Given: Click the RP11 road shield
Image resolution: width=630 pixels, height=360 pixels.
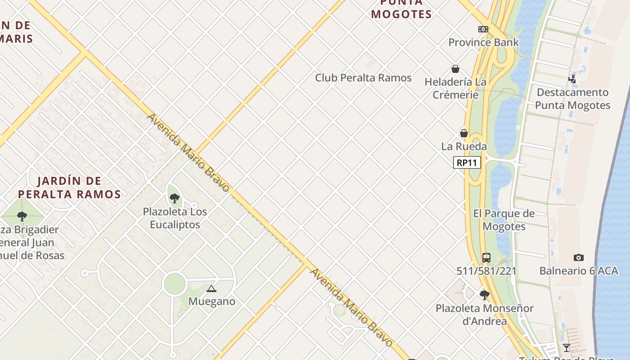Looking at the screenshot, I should pos(467,162).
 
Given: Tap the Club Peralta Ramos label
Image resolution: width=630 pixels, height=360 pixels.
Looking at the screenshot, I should pos(363,78).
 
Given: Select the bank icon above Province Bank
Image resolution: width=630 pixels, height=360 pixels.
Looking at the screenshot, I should pos(483,29).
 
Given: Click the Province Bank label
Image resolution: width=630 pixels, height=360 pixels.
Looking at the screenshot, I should pos(483,42).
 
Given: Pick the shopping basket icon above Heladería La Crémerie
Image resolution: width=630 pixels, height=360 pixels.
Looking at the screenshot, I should pos(455,69).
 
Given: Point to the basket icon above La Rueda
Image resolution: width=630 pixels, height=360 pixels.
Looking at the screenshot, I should pos(463,133).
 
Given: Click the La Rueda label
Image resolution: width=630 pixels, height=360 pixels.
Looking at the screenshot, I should pos(463,146).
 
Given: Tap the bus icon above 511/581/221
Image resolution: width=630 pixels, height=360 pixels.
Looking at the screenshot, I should pos(486,258).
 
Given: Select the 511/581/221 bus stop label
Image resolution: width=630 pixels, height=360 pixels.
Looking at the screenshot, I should pos(486,271).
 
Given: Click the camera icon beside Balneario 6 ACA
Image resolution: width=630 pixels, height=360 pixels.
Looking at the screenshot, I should pos(579,258).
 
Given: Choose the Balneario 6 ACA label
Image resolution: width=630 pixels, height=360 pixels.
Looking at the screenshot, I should pos(579,271).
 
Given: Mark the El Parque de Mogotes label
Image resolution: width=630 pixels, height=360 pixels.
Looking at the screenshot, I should pos(504,220).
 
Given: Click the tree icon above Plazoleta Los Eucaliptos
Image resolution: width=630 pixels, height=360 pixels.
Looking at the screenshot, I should pos(175,198).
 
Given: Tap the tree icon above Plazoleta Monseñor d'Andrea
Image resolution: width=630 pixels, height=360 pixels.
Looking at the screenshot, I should pos(484,295).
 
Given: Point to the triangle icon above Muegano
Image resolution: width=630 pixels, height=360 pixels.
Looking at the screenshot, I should pos(211,288).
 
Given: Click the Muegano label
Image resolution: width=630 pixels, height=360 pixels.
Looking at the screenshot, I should pos(211,301).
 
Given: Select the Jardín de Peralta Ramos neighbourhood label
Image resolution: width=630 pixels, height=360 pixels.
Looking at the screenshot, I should pos(69,188).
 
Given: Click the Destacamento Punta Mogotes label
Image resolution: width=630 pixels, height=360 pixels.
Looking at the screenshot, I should pos(572,99).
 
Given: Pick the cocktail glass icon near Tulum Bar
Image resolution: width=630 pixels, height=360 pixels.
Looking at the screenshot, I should pos(566,348).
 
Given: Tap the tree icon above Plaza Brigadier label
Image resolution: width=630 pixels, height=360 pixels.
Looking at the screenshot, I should pos(22,216).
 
